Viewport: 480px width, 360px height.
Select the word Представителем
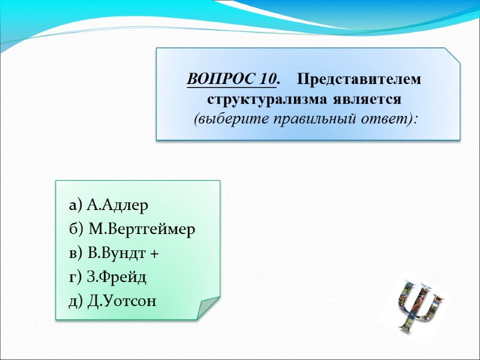pos(359,79)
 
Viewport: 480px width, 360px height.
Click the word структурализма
pos(262,98)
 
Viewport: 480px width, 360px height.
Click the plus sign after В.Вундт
pos(154,255)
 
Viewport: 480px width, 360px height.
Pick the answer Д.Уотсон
pos(121,301)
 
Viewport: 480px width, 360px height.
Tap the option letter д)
pos(76,302)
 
